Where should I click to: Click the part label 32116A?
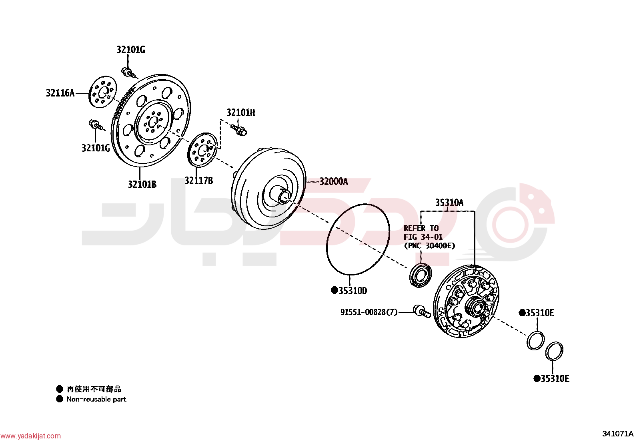pyautogui.click(x=60, y=93)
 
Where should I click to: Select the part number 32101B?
pyautogui.click(x=142, y=185)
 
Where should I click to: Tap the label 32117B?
pyautogui.click(x=199, y=181)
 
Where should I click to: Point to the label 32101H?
pyautogui.click(x=241, y=113)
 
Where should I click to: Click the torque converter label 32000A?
pyautogui.click(x=334, y=182)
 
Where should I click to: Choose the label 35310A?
pyautogui.click(x=449, y=203)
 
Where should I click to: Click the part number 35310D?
pyautogui.click(x=353, y=291)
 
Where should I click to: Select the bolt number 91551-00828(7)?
pyautogui.click(x=369, y=312)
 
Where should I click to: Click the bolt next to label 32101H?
pyautogui.click(x=239, y=130)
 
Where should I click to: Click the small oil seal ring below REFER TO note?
pyautogui.click(x=421, y=275)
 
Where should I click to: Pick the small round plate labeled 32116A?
pyautogui.click(x=103, y=92)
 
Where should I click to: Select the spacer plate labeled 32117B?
pyautogui.click(x=202, y=150)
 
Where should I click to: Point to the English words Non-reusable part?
pyautogui.click(x=96, y=399)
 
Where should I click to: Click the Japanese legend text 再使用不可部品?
pyautogui.click(x=94, y=389)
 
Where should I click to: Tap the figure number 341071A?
pyautogui.click(x=617, y=434)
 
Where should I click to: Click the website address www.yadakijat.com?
pyautogui.click(x=30, y=436)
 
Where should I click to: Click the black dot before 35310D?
pyautogui.click(x=335, y=290)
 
